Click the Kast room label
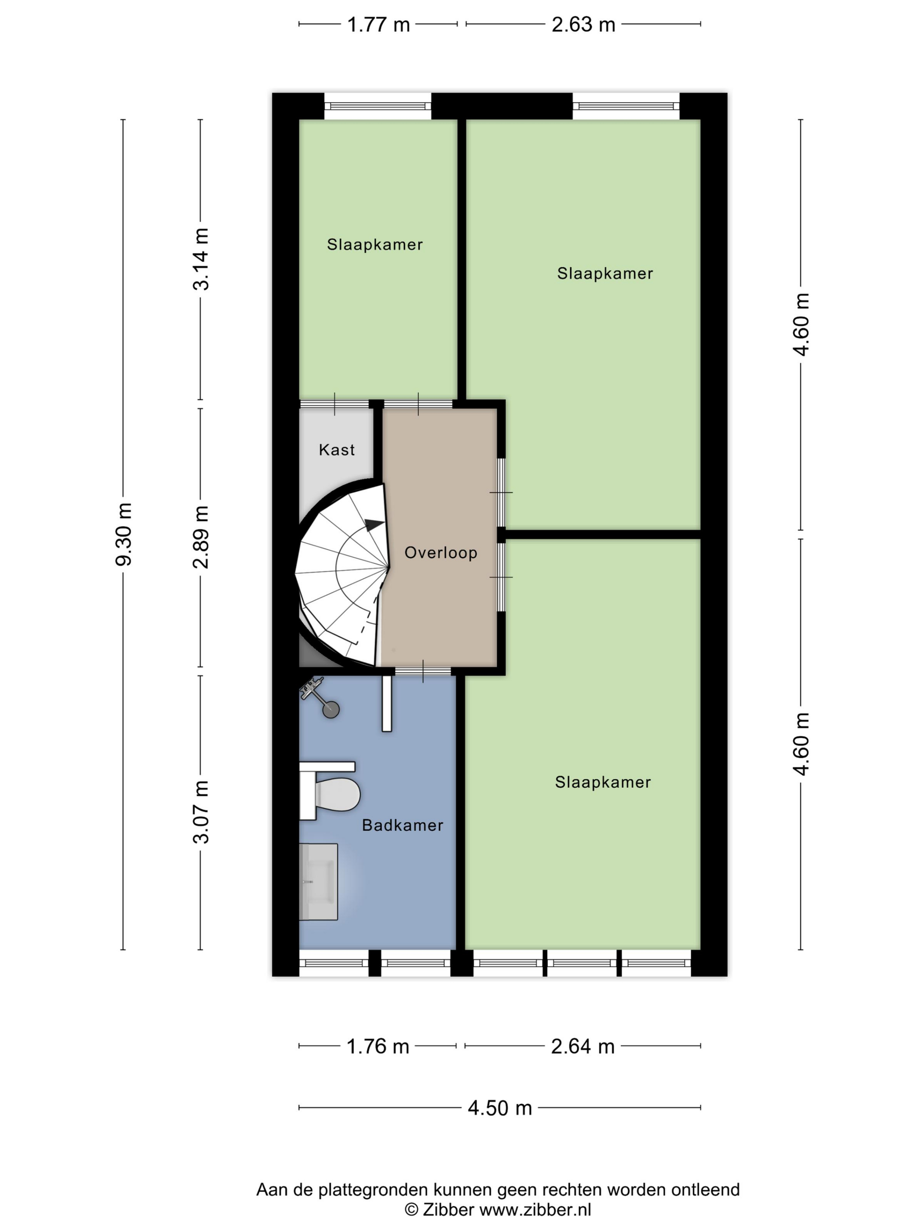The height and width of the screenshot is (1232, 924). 337,450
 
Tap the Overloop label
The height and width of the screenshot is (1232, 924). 440,553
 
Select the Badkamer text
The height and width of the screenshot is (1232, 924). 403,825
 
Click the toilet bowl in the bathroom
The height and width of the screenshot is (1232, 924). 337,794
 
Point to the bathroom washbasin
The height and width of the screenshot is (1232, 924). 319,882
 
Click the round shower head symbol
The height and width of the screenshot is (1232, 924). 331,710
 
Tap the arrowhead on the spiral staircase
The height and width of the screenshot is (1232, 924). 374,524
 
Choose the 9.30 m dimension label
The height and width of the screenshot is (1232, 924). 124,534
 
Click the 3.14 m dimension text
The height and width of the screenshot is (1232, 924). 201,259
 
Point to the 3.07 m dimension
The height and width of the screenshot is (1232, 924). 201,812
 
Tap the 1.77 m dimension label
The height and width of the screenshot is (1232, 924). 378,25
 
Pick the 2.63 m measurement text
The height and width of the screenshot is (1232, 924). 583,25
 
